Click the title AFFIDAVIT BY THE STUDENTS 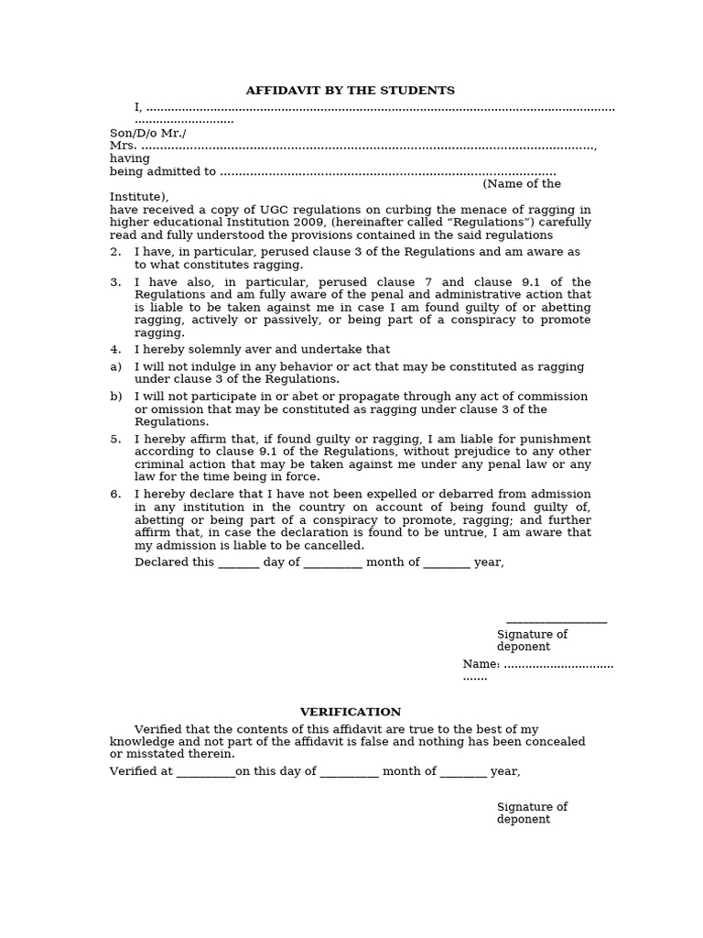350,91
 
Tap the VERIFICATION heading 351,712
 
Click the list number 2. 115,252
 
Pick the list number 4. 115,350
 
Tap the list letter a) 115,366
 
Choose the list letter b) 115,397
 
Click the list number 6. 115,495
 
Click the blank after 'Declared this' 238,563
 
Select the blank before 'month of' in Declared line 332,563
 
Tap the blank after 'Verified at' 205,772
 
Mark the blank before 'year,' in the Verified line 463,772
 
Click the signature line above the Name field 556,622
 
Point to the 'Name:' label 481,664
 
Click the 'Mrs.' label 123,146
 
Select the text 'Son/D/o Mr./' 148,133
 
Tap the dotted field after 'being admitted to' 388,172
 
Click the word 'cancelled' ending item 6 332,546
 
